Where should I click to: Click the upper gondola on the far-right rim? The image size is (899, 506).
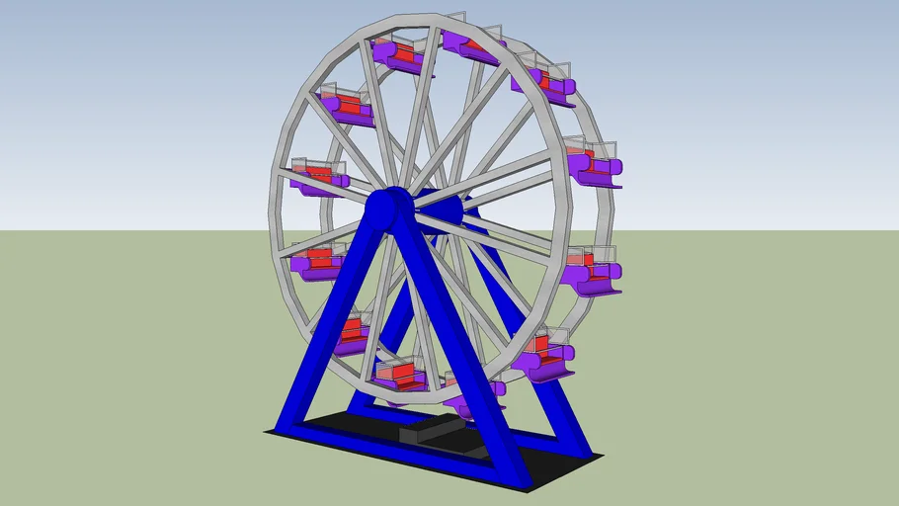pos(596,166)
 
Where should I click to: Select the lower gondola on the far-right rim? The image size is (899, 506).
pos(593,274)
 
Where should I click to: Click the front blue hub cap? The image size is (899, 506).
pos(389,208)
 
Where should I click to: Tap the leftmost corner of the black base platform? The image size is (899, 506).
pos(267,432)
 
